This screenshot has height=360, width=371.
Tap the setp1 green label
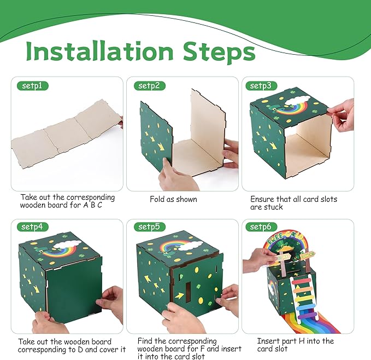pos(33,86)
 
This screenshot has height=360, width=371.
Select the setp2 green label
pos(149,86)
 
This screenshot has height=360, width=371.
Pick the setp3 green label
pos(263,86)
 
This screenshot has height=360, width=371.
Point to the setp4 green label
pos(33,227)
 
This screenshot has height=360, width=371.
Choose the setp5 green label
pos(149,227)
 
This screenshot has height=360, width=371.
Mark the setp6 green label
pos(263,227)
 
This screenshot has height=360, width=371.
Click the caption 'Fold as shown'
pos(173,199)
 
